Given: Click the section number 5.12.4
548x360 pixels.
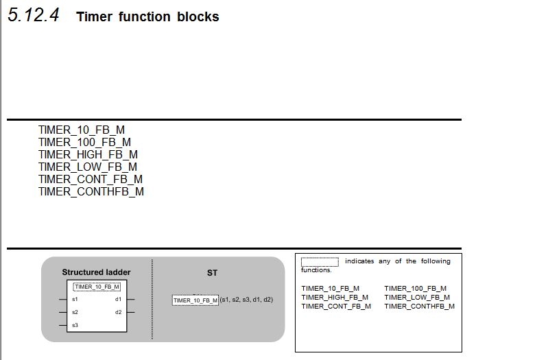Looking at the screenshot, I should tap(34, 15).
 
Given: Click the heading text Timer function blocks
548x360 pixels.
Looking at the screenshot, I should tap(147, 17).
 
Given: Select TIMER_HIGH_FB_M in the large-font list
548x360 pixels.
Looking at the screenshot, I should tap(88, 154).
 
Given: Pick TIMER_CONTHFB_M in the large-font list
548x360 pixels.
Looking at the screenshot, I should tap(91, 191).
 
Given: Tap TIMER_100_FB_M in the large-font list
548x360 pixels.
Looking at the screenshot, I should tap(84, 142).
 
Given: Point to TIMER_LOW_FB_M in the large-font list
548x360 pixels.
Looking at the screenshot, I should tap(88, 167).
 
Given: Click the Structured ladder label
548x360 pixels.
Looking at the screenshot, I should tap(96, 272).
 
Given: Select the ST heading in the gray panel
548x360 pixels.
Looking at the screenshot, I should tap(212, 273).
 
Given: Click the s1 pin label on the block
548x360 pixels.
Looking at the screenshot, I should tap(75, 300).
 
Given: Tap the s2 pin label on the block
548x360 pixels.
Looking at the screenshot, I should tap(75, 312).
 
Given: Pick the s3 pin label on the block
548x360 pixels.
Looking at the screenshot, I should tap(75, 325).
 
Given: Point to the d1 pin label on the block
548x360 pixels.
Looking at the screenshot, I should tap(118, 300).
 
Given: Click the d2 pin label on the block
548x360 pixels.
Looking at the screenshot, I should tap(118, 312).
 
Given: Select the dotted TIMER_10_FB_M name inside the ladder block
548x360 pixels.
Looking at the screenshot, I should tap(97, 287).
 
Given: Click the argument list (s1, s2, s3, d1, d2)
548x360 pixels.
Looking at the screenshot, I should tap(246, 300).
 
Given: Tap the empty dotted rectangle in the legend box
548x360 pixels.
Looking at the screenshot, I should tap(320, 261).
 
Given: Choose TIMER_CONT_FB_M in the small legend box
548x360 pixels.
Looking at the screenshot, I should tap(336, 306).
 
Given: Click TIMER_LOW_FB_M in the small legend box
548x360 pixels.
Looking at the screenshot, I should tap(417, 297).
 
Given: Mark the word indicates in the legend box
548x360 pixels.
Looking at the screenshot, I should tap(359, 261).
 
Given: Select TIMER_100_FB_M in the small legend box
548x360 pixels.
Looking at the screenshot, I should tap(415, 288).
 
